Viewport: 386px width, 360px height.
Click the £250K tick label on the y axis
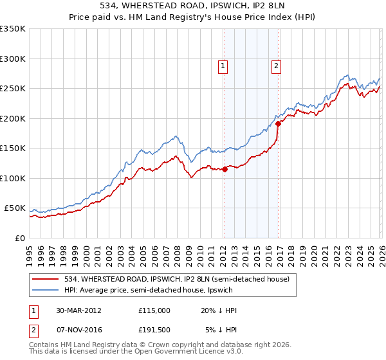pyautogui.click(x=13, y=89)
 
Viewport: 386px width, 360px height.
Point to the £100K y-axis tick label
pyautogui.click(x=13, y=178)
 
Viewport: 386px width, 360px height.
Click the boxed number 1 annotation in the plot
pyautogui.click(x=223, y=65)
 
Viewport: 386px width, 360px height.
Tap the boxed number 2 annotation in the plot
pyautogui.click(x=276, y=65)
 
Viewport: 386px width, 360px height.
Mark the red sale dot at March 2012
pyautogui.click(x=225, y=170)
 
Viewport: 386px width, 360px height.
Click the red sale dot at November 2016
pyautogui.click(x=278, y=123)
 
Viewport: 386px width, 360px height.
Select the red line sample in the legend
pyautogui.click(x=46, y=279)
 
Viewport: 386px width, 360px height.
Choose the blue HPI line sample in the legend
pyautogui.click(x=46, y=290)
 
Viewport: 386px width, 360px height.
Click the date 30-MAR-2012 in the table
pyautogui.click(x=78, y=310)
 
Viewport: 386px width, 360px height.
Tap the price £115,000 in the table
pyautogui.click(x=154, y=310)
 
